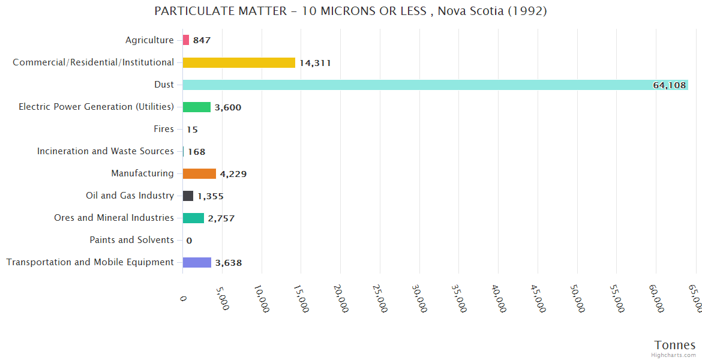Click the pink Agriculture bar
coord(186,40)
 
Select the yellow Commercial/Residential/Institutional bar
coord(239,62)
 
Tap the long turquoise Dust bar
coord(420,85)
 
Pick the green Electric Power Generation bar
coord(197,107)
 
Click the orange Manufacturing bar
coord(199,173)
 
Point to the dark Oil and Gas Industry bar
coord(188,196)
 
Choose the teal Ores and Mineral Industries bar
coord(193,218)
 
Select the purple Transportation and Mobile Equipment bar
coord(197,262)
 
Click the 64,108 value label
coord(669,85)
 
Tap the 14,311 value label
coord(315,63)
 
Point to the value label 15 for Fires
coord(192,130)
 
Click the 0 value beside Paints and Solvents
coord(189,241)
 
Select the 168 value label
coord(196,152)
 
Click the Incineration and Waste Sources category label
coord(106,151)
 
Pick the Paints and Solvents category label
coord(131,240)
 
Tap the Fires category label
coord(164,129)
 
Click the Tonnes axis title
coord(675,345)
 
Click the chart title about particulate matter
coord(350,11)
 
